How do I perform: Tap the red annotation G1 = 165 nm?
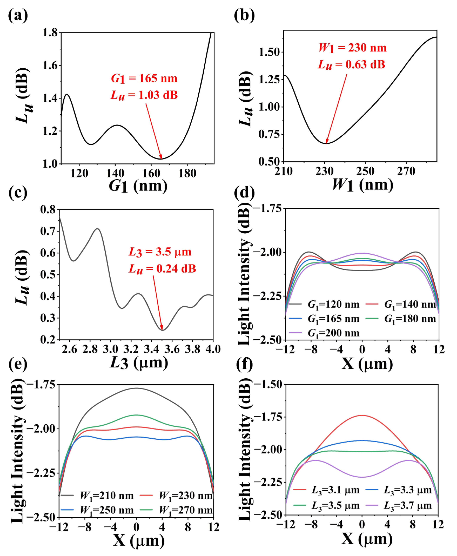tap(144, 79)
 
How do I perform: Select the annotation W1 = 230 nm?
tap(353, 48)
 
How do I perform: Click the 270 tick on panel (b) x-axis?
tap(406, 172)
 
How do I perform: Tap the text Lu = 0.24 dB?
tap(162, 269)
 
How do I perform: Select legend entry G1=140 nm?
tap(410, 305)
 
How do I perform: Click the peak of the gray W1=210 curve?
tap(136, 388)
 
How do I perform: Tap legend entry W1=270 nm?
tap(186, 510)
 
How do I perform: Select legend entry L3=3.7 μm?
tap(408, 506)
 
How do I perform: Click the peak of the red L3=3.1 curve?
tap(362, 415)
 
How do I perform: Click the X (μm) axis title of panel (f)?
tap(367, 539)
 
